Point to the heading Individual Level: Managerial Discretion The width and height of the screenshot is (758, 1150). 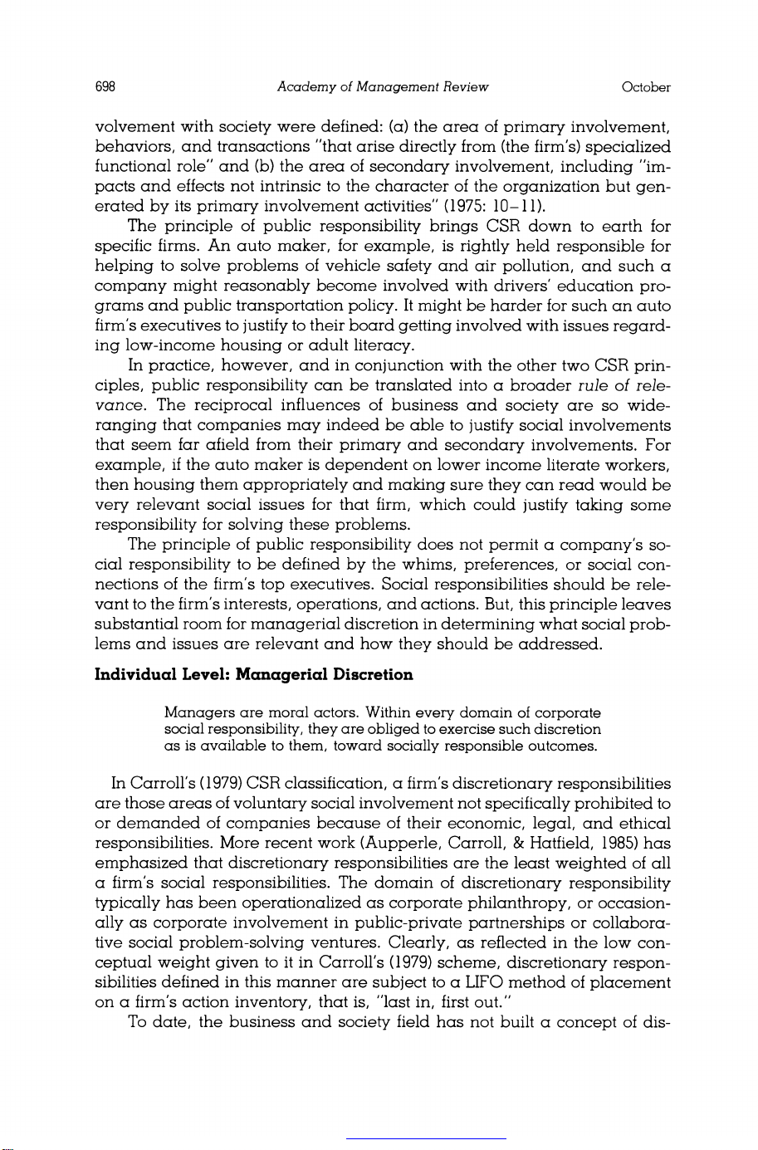tap(255, 674)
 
